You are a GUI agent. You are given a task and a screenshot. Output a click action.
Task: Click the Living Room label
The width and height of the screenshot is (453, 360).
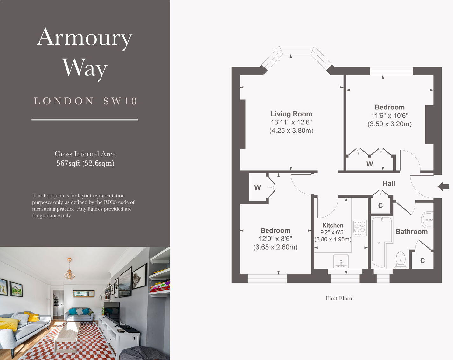tap(291, 114)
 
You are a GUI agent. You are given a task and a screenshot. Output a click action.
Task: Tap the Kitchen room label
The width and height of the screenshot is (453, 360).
tap(333, 225)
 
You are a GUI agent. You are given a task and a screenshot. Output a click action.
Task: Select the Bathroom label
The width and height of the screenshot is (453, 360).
tap(411, 232)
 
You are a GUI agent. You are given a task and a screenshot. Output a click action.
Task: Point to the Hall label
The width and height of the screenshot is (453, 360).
tap(389, 183)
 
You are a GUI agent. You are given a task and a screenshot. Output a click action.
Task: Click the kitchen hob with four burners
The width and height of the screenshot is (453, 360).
tap(360, 228)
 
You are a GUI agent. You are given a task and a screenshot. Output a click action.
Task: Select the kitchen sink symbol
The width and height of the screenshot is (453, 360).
tap(341, 261)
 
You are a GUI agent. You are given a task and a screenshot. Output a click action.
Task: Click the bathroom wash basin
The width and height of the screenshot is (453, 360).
tap(427, 219)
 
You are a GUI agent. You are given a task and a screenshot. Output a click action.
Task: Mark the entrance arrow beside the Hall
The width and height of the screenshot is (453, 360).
tap(443, 187)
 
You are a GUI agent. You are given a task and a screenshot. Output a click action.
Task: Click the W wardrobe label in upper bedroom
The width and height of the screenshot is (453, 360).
tap(370, 164)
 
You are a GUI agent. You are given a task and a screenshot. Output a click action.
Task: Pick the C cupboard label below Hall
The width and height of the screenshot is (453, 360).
tap(380, 206)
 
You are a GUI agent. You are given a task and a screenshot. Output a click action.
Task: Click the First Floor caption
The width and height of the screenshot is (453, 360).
tap(339, 298)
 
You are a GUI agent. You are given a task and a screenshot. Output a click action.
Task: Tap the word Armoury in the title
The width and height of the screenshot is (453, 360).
tap(85, 38)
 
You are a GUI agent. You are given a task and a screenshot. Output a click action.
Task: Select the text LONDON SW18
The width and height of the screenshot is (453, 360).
tap(85, 101)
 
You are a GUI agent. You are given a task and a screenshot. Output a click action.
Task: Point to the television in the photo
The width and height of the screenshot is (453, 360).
tap(112, 313)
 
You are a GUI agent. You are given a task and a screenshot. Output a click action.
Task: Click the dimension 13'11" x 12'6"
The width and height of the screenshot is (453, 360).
tap(291, 122)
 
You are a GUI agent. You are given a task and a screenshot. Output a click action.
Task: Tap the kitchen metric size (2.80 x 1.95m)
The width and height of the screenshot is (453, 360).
tap(333, 239)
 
